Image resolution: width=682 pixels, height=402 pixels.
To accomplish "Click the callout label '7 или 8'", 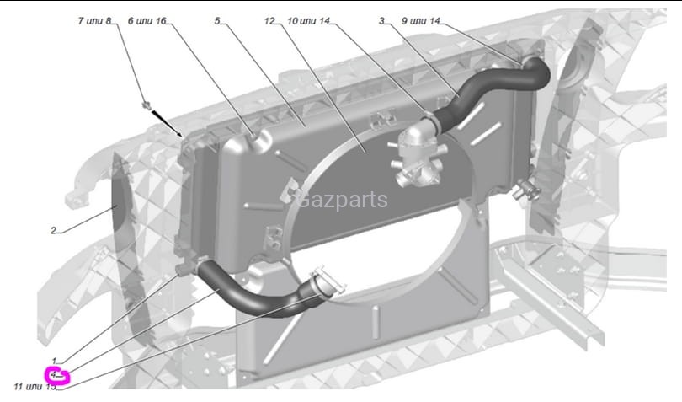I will pos(94,19).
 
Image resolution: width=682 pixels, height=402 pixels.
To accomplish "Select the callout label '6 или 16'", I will pos(147,19).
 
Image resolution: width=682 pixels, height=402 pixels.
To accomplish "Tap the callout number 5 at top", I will pos(217,19).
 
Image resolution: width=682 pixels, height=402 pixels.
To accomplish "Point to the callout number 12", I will pos(269,19).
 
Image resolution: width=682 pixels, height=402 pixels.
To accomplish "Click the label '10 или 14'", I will pos(308,19).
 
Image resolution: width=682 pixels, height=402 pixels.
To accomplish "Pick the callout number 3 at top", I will pos(381,19).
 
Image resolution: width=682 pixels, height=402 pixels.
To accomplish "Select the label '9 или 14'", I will pos(420,19).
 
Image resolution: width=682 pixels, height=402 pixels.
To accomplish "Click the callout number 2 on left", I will pos(52,230).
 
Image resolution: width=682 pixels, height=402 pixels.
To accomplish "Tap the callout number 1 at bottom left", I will pos(54,361).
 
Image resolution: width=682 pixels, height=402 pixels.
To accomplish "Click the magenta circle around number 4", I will pos(57,376).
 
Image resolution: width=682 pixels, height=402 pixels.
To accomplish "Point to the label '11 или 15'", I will pos(34,387).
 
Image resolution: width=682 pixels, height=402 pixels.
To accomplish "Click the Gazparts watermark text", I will pos(343,200).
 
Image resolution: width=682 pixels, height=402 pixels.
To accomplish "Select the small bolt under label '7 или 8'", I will pos(147,105).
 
